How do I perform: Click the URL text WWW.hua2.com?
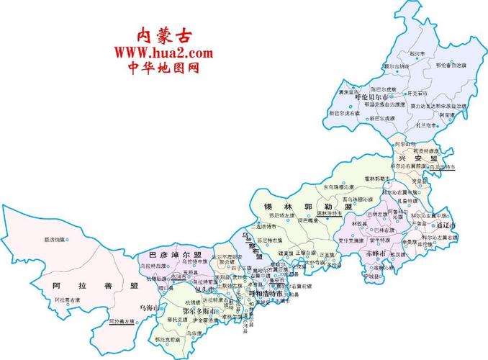pos(163,53)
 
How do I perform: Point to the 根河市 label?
pos(397,53)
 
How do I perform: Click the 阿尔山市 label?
pos(406,143)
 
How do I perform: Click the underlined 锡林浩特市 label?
pos(331,213)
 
